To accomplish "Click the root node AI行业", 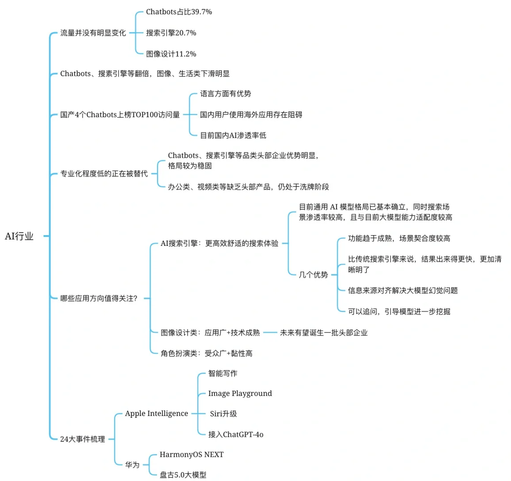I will (x=19, y=236).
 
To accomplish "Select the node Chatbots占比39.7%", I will (x=179, y=12).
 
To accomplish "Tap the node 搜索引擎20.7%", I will (x=171, y=33).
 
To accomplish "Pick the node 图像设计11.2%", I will (x=171, y=54).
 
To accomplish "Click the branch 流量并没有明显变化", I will (x=93, y=33).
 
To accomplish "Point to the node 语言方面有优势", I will (x=225, y=94).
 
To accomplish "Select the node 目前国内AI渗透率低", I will (x=233, y=135).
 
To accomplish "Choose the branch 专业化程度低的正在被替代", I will (x=104, y=174).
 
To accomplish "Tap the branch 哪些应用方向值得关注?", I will (x=99, y=298).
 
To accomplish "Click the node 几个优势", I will (x=313, y=275).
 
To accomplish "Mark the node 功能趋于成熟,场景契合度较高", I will (x=399, y=239).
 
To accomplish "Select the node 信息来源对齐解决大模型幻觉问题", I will (x=402, y=291).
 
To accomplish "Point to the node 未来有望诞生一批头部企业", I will (x=323, y=333).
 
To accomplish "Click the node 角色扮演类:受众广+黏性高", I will (x=206, y=354).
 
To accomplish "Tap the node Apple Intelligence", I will (x=156, y=414).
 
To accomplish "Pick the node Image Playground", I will (x=240, y=394).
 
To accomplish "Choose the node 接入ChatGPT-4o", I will (x=236, y=435).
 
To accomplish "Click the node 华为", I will (x=132, y=465).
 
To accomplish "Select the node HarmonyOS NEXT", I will (x=191, y=455).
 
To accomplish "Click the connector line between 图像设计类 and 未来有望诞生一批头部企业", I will (x=270, y=333).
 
